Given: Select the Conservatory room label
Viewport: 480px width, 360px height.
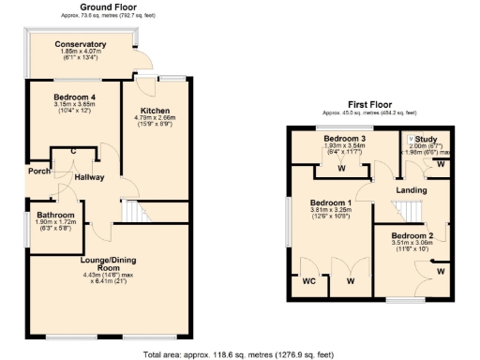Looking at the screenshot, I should [x=80, y=45].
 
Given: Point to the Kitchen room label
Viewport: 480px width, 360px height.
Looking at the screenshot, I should [x=155, y=111].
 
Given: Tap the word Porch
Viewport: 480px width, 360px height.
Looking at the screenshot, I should [x=38, y=171].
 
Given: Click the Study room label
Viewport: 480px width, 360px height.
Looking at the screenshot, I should [x=427, y=139].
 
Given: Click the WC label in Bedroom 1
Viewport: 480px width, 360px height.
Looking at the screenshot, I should [x=308, y=279].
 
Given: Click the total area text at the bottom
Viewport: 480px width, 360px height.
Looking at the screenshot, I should [x=239, y=354].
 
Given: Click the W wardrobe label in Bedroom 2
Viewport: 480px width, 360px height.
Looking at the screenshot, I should [x=439, y=272].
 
